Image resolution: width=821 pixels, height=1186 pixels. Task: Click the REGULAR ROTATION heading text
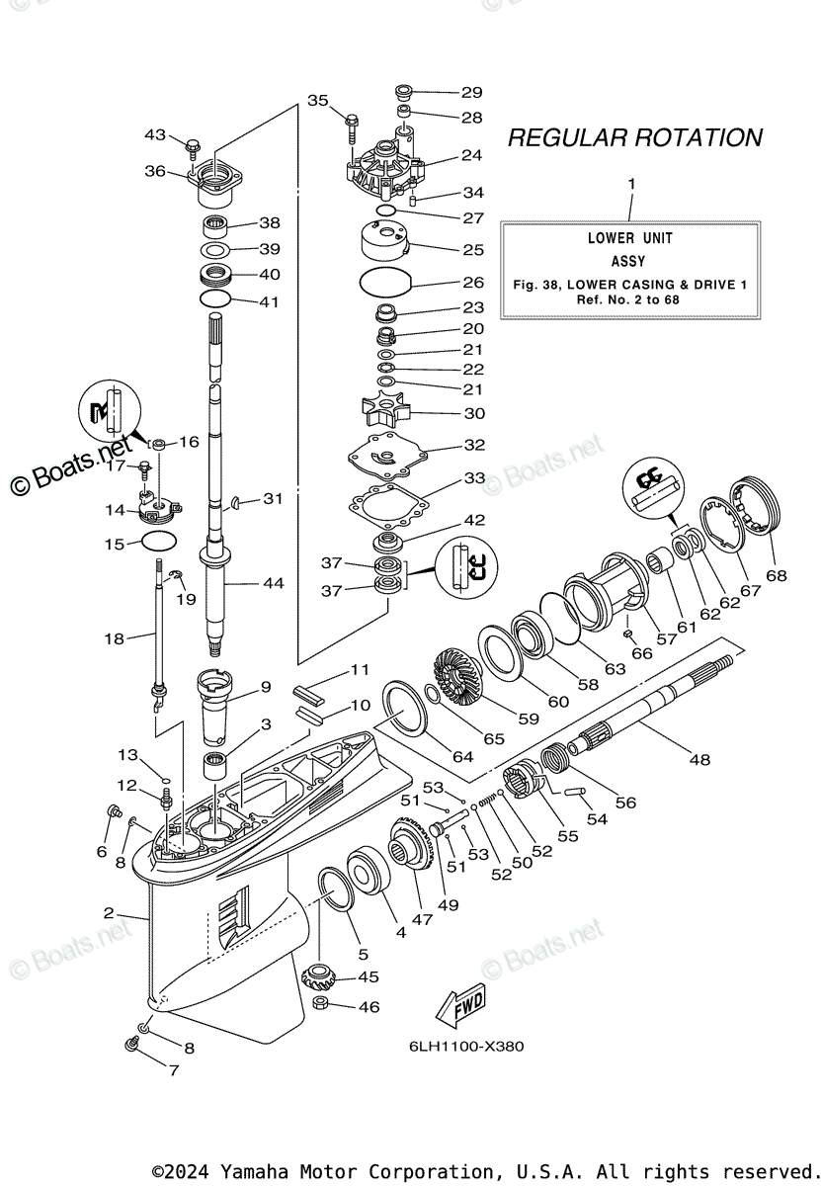[x=634, y=138]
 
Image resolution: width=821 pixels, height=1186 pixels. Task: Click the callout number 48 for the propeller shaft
[x=699, y=759]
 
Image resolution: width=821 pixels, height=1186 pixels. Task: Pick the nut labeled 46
[x=320, y=1006]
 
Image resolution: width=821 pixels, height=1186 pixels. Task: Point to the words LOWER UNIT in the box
[x=629, y=238]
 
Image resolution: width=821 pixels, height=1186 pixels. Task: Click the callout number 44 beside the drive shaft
[x=272, y=583]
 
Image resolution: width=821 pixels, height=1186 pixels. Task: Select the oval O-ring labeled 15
[x=159, y=541]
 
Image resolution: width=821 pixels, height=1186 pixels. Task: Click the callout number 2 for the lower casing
[x=108, y=912]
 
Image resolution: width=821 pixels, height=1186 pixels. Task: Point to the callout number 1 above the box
[x=632, y=184]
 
